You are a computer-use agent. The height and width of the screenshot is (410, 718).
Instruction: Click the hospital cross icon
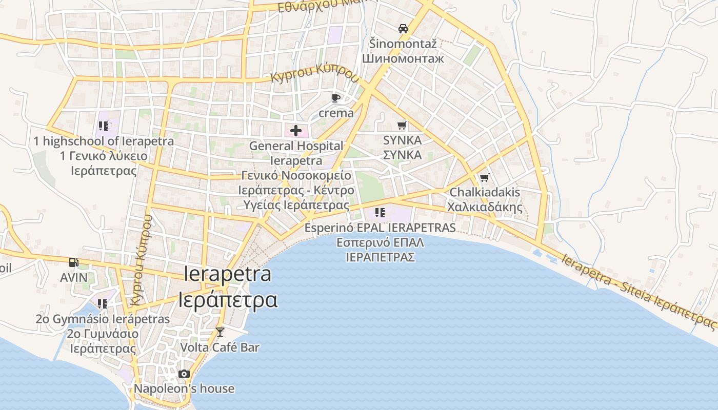click(x=296, y=131)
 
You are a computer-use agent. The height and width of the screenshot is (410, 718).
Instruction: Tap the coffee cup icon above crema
click(x=336, y=97)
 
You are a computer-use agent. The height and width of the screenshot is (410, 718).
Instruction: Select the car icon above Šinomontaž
click(x=403, y=29)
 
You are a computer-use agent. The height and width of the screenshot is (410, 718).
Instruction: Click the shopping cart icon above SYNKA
click(x=402, y=125)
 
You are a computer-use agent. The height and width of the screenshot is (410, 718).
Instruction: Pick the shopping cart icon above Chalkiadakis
click(x=484, y=178)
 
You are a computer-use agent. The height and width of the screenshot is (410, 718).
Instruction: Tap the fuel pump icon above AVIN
click(x=74, y=262)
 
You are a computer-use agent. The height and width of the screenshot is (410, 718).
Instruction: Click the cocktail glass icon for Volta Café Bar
click(x=220, y=332)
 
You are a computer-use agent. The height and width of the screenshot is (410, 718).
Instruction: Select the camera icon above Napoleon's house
click(x=184, y=374)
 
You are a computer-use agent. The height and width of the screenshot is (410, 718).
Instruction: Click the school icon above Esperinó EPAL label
click(x=380, y=213)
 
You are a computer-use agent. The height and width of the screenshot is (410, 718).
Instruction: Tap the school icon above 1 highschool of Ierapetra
click(x=104, y=126)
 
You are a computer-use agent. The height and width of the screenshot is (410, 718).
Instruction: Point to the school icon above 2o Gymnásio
click(x=103, y=304)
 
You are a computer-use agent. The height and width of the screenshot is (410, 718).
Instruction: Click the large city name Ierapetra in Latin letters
click(x=228, y=274)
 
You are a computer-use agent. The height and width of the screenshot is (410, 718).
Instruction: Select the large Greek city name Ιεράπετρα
click(x=228, y=299)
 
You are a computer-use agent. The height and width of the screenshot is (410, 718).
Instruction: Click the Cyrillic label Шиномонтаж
click(x=403, y=58)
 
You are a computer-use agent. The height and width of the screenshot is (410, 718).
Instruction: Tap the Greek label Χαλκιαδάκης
click(x=485, y=207)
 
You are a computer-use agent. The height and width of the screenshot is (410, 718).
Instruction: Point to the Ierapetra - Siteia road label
click(x=638, y=290)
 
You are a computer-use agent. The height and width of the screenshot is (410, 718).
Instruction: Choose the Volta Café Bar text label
click(x=220, y=347)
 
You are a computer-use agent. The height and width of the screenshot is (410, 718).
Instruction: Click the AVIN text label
click(x=74, y=277)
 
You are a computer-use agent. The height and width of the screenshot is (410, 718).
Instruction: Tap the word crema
click(x=336, y=113)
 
